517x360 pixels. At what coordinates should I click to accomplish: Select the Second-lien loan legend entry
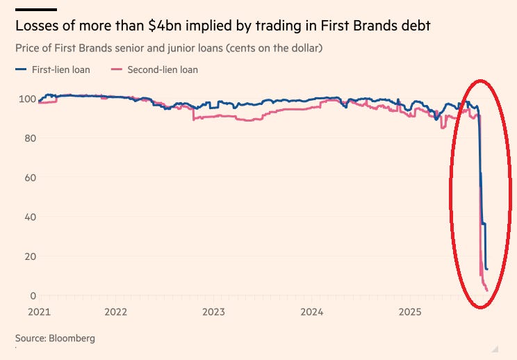[163, 69]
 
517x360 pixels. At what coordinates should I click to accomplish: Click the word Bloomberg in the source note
[72, 338]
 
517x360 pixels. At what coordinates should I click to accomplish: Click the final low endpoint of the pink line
[488, 291]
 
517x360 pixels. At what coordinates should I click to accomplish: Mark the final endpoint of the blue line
[487, 269]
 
